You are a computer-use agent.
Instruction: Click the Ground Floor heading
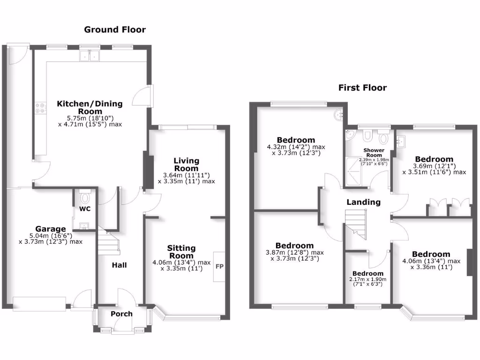pos(115,30)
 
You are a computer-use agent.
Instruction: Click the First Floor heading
pos(363,88)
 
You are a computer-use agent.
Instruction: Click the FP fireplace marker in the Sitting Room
pos(219,266)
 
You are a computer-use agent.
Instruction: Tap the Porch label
pos(121,314)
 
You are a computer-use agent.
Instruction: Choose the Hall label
pos(119,265)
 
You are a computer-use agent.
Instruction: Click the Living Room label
pos(187,165)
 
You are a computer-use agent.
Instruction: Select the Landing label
pos(363,202)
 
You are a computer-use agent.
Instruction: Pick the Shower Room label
pos(374,153)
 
